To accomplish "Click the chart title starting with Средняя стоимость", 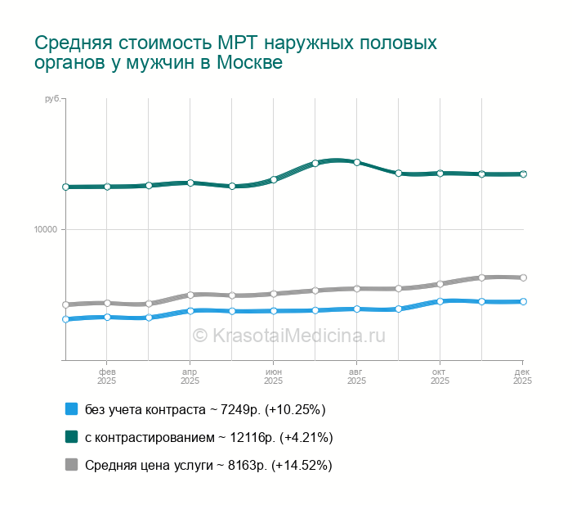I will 236,52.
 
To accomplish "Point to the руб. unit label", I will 51,99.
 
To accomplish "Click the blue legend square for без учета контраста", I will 71,409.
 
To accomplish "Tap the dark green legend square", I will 71,437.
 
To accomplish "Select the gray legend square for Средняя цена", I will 71,465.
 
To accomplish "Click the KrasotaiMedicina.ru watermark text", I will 288,335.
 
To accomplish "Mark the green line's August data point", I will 357,162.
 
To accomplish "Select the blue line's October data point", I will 440,301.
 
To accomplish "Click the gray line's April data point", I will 190,295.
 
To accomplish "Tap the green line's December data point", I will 523,174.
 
